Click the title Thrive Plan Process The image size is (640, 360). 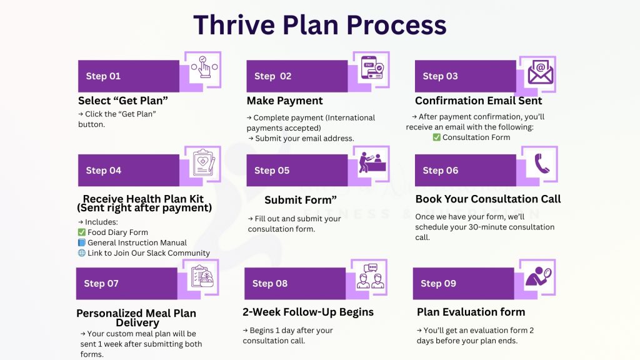[319, 25]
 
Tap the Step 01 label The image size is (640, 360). [103, 76]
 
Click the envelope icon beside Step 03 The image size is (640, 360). [540, 72]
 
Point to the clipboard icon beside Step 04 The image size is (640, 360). [204, 164]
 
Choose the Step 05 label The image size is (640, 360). [272, 171]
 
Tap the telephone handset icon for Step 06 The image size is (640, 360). [541, 164]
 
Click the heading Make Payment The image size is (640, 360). [284, 101]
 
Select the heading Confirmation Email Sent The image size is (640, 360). [478, 101]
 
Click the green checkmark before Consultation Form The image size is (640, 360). [437, 137]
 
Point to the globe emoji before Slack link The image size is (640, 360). [81, 253]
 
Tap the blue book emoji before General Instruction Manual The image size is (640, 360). [81, 242]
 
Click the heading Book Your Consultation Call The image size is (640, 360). [488, 199]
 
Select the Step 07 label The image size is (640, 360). [101, 284]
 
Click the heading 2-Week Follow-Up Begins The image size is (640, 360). [307, 312]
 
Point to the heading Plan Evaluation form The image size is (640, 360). [471, 312]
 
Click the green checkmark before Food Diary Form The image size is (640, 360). [81, 232]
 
